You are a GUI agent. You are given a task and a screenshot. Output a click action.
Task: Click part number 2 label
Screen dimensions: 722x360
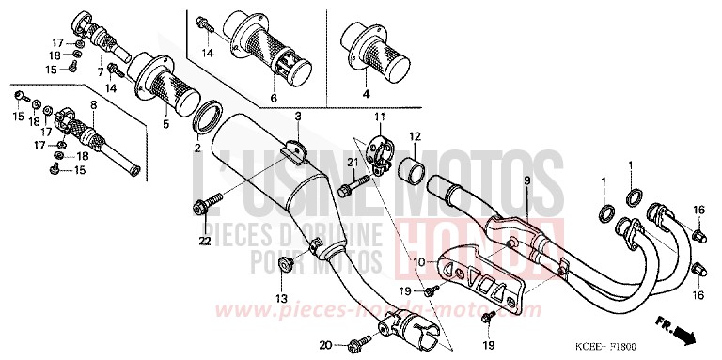pos(197,149)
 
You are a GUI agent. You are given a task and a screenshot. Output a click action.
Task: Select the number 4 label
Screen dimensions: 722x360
pos(366,94)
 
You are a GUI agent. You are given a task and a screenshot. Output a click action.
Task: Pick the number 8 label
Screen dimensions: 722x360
pos(93,105)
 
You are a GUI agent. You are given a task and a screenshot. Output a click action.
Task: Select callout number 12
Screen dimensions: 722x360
pos(414,135)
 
